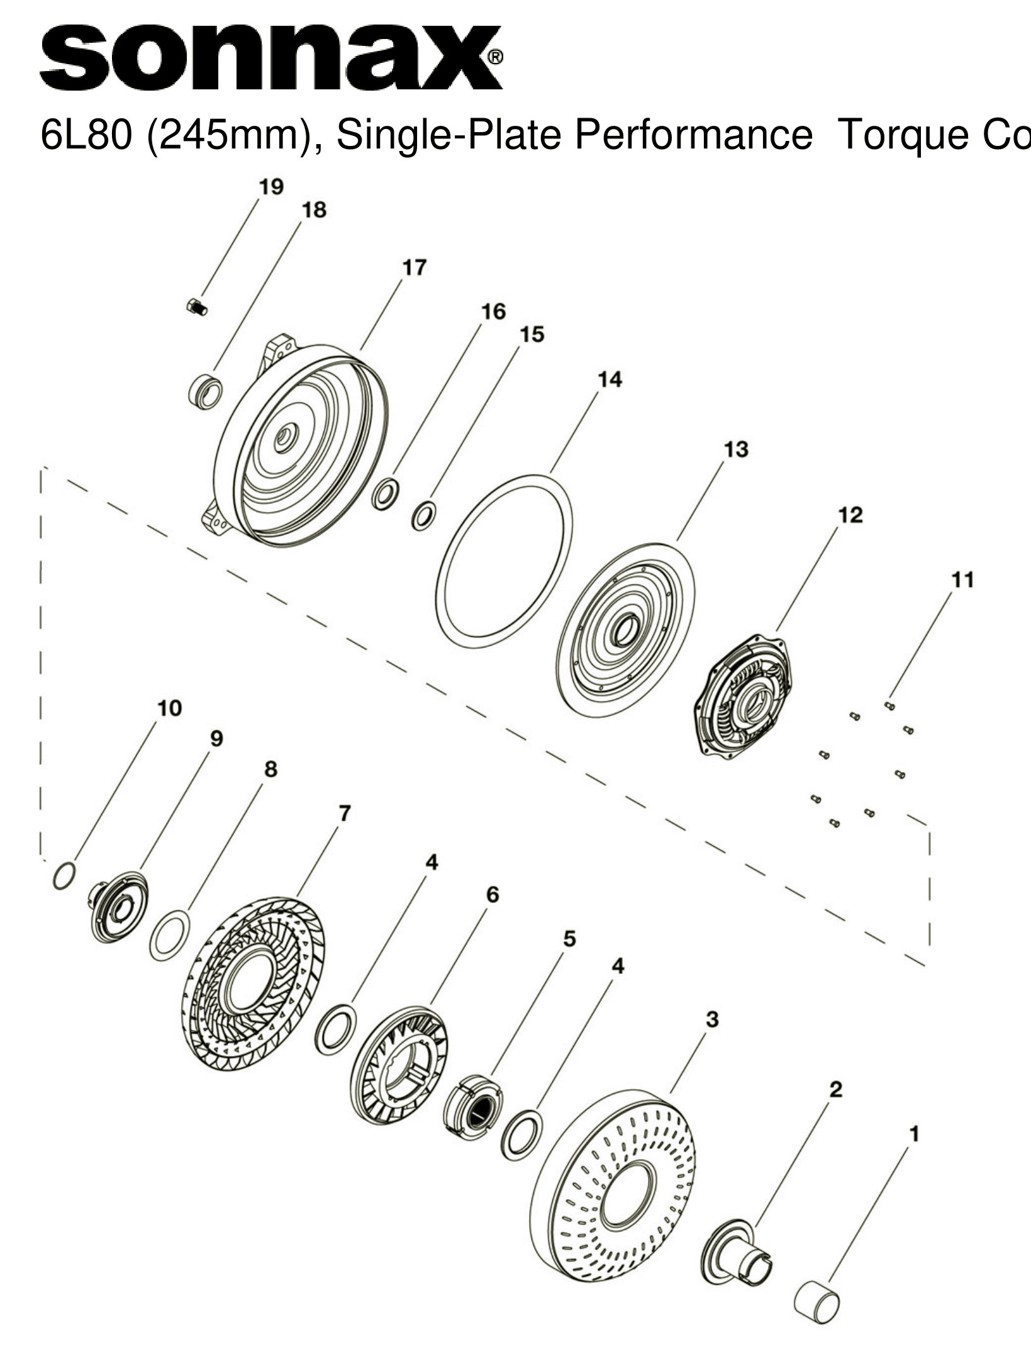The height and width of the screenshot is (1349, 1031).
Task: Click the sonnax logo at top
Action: pos(270,58)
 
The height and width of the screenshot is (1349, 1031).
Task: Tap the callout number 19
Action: pos(271,187)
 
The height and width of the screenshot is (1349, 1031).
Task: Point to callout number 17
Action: pos(414,267)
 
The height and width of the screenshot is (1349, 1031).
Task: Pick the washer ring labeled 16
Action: pos(385,494)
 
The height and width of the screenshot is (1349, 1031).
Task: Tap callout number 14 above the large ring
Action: pos(610,379)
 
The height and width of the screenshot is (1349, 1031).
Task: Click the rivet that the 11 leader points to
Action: pos(889,706)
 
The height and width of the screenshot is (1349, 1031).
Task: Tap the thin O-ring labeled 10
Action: pos(64,875)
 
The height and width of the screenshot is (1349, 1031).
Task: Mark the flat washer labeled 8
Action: pos(170,935)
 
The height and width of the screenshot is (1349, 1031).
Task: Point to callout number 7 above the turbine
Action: pos(343,814)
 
